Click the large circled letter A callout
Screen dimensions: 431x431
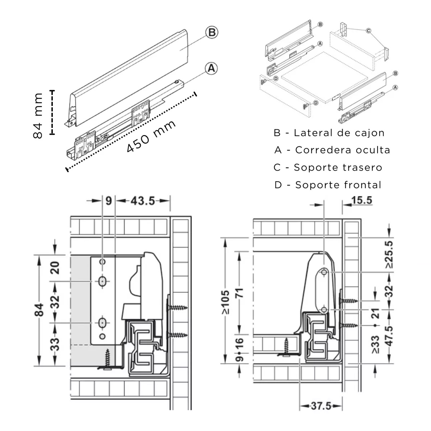[211, 68]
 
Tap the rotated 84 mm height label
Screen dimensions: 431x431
[38, 116]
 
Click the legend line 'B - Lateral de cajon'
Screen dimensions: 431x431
[329, 133]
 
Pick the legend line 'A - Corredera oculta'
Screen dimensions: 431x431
[332, 150]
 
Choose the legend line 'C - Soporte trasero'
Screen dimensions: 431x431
[328, 168]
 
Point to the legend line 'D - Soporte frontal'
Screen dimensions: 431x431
[328, 185]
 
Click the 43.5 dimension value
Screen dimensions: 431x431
[143, 201]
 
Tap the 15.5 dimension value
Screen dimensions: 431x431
[362, 200]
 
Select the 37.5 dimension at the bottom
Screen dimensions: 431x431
[321, 406]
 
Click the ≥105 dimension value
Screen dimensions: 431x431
[226, 302]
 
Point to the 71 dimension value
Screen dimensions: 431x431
[240, 293]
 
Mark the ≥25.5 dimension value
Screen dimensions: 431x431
[389, 255]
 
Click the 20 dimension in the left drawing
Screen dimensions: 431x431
[55, 268]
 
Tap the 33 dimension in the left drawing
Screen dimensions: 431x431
[55, 344]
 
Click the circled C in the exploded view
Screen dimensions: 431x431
[368, 31]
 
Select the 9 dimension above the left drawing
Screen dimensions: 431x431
[109, 201]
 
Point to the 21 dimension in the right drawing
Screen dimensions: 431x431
[375, 314]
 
